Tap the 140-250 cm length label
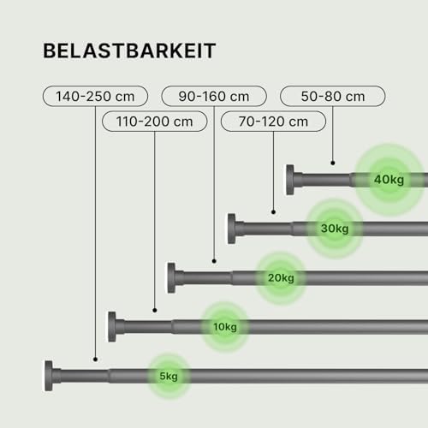point(95,96)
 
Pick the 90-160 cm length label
point(214,96)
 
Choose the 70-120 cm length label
point(273,122)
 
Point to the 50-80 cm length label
point(333,96)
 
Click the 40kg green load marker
point(388,180)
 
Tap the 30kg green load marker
point(335,229)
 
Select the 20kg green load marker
point(282,277)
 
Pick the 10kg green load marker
point(224,326)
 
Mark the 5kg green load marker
point(168,375)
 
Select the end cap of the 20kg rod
point(173,276)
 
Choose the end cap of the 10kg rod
point(113,325)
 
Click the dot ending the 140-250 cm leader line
point(95,359)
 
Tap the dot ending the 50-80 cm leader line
point(333,163)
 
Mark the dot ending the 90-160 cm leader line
point(214,261)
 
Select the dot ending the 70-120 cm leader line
point(273,212)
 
